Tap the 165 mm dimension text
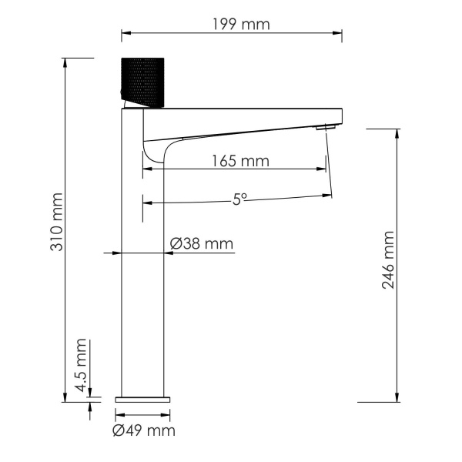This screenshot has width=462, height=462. pyautogui.click(x=239, y=161)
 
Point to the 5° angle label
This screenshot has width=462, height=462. pyautogui.click(x=239, y=198)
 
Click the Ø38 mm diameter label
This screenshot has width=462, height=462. pyautogui.click(x=201, y=244)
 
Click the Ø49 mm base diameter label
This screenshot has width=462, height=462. pyautogui.click(x=144, y=430)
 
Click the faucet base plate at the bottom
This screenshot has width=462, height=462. pyautogui.click(x=144, y=399)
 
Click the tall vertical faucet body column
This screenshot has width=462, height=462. pyautogui.click(x=144, y=262)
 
